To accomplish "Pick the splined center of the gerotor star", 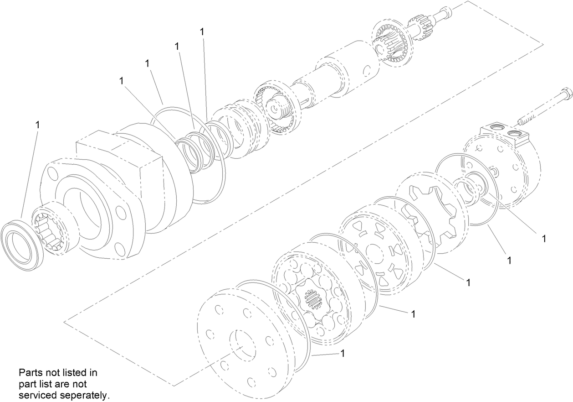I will [313, 302].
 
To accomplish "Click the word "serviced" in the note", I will [36, 395].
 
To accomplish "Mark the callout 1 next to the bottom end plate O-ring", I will [343, 354].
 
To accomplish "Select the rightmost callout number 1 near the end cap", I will [543, 238].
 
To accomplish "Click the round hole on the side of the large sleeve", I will [367, 71].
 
